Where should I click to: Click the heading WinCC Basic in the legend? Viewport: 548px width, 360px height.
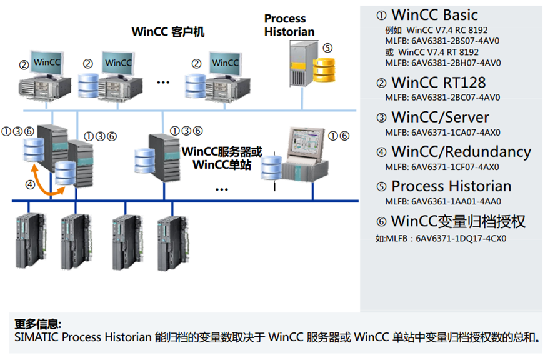pos(434,15)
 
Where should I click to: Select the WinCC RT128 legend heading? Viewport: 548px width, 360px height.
pos(438,82)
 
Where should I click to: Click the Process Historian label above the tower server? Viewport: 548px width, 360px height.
pos(289,25)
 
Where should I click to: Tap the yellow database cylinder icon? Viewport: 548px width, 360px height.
pos(324,69)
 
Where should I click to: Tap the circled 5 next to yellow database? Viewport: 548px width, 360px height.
pos(327,47)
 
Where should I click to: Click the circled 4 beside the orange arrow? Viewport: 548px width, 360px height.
pos(29,184)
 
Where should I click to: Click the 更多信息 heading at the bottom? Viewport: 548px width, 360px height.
pos(37,324)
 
